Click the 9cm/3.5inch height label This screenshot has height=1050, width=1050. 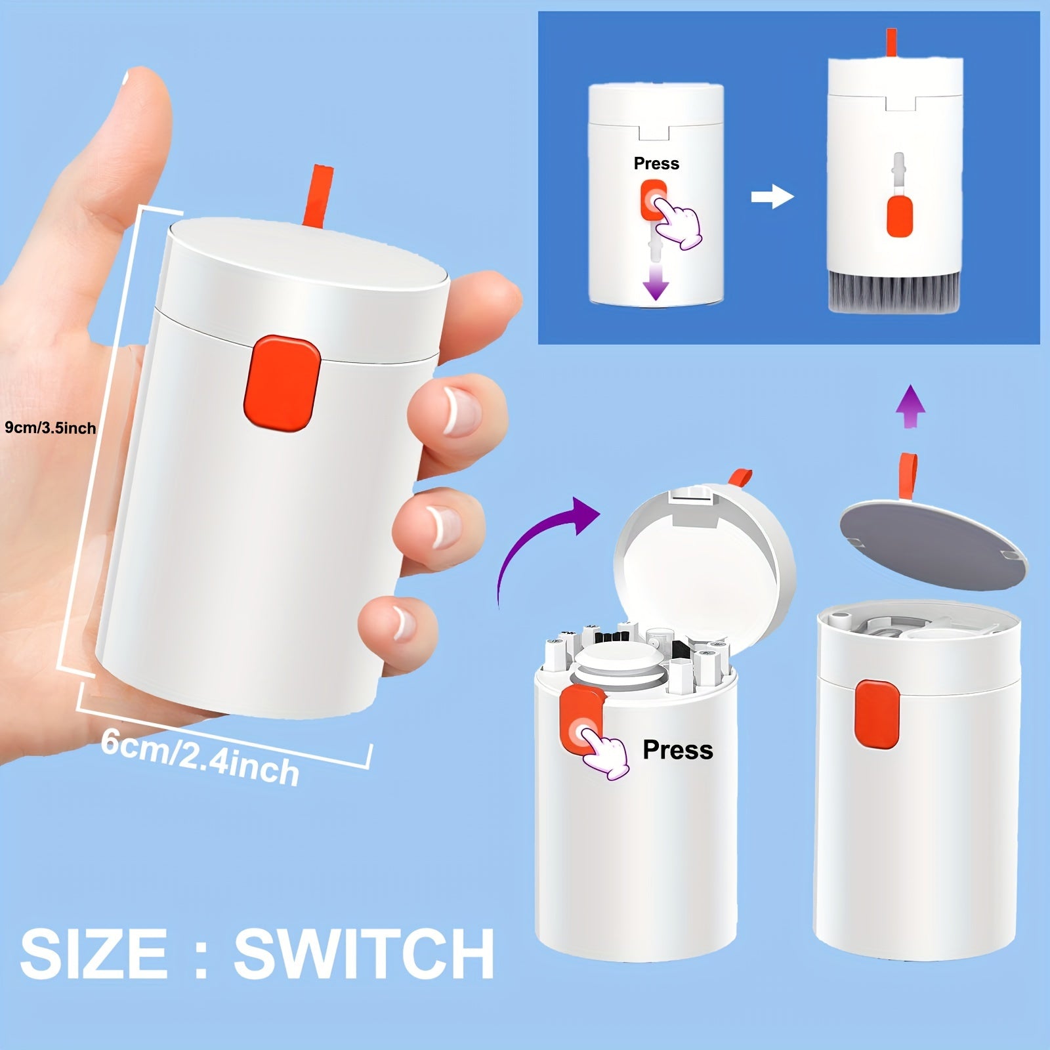tap(51, 428)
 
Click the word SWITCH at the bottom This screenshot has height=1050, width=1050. tap(364, 953)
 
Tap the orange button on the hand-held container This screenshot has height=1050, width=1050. tap(282, 384)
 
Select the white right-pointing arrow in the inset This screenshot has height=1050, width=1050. tap(772, 196)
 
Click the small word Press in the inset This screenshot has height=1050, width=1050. tap(656, 163)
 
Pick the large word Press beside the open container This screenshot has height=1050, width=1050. tap(677, 749)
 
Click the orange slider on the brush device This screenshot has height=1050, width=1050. tap(899, 216)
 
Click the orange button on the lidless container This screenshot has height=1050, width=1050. tap(877, 714)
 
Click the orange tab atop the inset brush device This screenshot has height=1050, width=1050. tap(891, 43)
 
